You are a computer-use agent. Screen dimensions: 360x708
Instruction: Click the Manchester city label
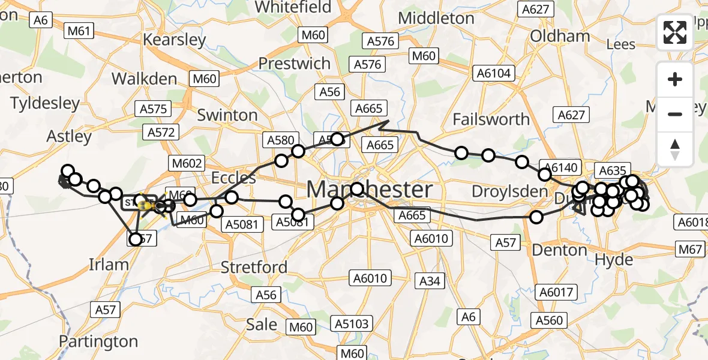click(369, 190)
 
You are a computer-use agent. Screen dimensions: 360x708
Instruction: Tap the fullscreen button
click(675, 32)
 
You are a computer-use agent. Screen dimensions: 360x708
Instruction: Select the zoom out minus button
click(675, 114)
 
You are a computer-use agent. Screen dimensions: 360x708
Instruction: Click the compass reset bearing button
click(675, 149)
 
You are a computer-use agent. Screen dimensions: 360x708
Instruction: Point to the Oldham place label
click(560, 36)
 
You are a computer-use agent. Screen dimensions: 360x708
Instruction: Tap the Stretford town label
click(254, 267)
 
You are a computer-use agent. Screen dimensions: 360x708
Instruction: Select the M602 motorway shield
click(187, 163)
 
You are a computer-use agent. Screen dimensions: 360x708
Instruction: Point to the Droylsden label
click(502, 192)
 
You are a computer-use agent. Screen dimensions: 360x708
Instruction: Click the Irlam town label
click(109, 265)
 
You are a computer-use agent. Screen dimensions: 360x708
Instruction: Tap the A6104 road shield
click(493, 74)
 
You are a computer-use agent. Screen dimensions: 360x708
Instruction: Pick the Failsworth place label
click(491, 119)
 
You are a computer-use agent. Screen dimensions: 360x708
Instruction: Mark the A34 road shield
click(430, 280)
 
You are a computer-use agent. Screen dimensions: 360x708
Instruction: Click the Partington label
click(98, 342)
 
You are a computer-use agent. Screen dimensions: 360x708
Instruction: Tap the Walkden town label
click(144, 79)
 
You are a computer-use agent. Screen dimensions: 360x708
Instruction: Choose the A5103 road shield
click(352, 325)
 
